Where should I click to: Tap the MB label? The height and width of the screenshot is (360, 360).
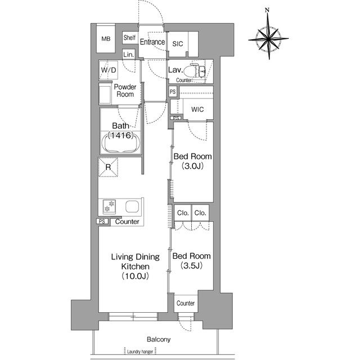(x=106, y=39)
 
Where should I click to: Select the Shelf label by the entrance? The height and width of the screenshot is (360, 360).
(x=129, y=38)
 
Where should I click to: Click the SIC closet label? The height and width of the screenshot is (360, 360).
(x=178, y=44)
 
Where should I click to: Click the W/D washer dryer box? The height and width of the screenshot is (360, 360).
(x=109, y=70)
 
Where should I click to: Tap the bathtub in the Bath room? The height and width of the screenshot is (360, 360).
(x=121, y=142)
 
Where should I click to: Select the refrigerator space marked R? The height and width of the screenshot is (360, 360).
(x=108, y=167)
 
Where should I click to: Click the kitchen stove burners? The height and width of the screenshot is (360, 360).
(x=109, y=206)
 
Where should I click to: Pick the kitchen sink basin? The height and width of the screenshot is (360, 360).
(x=132, y=206)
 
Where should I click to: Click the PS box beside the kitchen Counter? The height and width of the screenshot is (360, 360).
(x=102, y=221)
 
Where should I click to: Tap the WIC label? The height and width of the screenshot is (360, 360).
(x=197, y=110)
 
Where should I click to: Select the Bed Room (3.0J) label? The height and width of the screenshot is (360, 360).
(x=192, y=161)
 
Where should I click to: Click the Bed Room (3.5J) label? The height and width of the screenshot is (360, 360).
(x=191, y=260)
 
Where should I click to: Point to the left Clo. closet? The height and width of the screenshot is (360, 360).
(x=183, y=213)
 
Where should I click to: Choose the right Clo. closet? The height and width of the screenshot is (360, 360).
(x=200, y=213)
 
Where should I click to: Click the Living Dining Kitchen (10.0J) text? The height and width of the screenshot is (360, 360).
(x=136, y=266)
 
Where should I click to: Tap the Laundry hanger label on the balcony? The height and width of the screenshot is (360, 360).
(x=140, y=352)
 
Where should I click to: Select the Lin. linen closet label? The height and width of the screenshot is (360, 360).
(x=129, y=55)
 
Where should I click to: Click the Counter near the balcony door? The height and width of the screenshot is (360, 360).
(x=186, y=303)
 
